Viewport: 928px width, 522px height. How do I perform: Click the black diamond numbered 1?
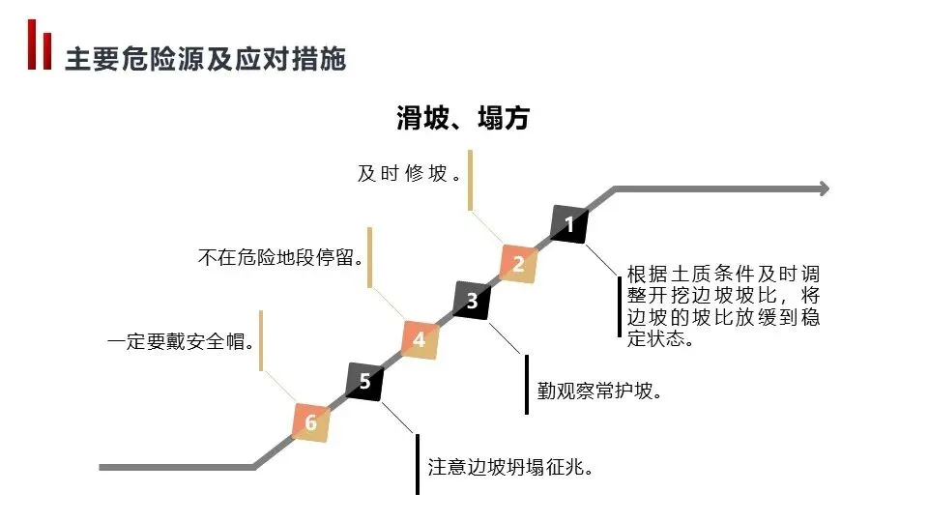pos(569,225)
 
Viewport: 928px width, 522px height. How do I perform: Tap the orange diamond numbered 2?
pos(518,263)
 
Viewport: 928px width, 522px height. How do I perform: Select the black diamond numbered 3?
pos(472,301)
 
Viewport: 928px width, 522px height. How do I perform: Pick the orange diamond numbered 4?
pos(419,339)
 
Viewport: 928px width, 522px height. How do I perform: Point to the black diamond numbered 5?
pos(364,380)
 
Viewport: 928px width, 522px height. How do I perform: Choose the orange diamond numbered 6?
pos(310,422)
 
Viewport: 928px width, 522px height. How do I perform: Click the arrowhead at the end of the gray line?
pos(823,188)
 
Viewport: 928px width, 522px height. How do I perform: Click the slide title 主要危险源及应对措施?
pos(205,60)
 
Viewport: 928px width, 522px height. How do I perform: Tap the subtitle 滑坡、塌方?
pos(463,118)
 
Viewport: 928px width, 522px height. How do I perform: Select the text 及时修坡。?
pos(407,174)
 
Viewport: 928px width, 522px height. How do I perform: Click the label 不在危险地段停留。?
pos(280,258)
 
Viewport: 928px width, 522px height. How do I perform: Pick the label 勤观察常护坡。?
pos(599,391)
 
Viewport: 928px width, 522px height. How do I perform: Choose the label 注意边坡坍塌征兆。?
pos(509,467)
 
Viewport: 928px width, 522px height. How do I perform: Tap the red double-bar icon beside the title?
pos(40,44)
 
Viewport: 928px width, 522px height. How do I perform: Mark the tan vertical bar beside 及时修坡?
pos(470,180)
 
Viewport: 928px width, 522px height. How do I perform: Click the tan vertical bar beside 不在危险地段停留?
pos(369,256)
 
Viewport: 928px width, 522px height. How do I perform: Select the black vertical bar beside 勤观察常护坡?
pos(527,384)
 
